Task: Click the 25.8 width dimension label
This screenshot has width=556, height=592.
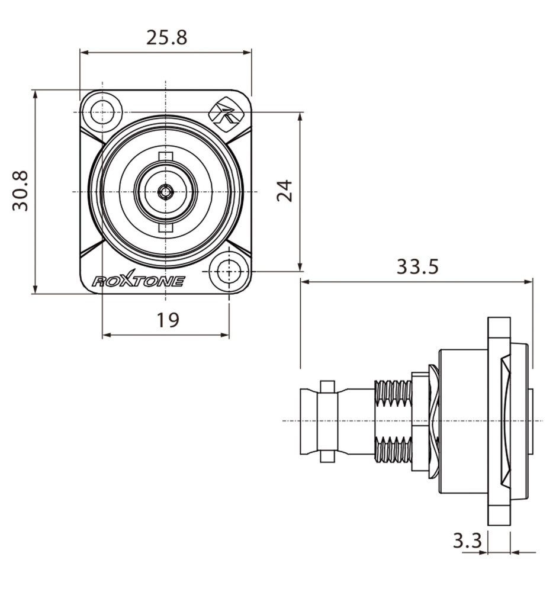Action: click(x=166, y=37)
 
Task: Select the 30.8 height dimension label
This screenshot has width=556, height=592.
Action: click(x=20, y=191)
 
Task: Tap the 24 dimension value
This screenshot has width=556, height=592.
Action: click(x=284, y=191)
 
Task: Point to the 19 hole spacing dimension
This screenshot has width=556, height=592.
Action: click(x=168, y=320)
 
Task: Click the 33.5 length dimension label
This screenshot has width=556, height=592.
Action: click(x=417, y=266)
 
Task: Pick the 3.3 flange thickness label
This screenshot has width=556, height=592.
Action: click(x=468, y=540)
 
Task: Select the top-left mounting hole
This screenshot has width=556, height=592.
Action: click(x=102, y=112)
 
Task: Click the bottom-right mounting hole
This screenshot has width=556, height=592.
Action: click(x=229, y=272)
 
